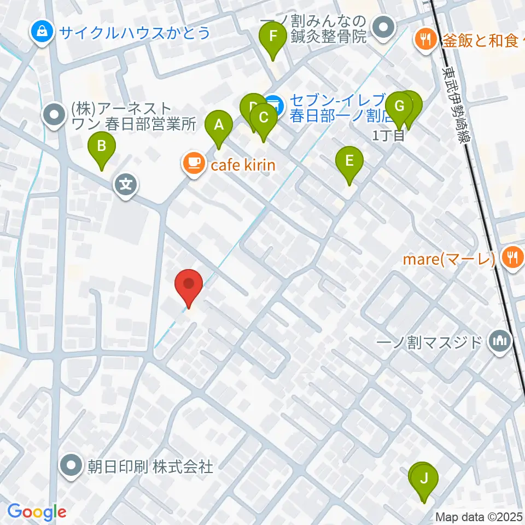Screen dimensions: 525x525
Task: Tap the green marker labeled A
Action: point(219,126)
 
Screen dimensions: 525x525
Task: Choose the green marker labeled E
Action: point(350,162)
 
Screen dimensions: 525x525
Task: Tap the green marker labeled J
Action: point(424,480)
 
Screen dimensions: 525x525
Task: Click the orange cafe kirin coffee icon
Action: point(192,164)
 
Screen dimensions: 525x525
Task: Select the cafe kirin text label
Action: point(240,164)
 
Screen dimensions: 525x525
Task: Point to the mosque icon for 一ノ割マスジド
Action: point(500,342)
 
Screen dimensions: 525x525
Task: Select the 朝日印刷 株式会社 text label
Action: point(150,466)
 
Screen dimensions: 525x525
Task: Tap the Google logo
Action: point(37,512)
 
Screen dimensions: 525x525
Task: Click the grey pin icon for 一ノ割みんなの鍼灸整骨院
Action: point(383,27)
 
